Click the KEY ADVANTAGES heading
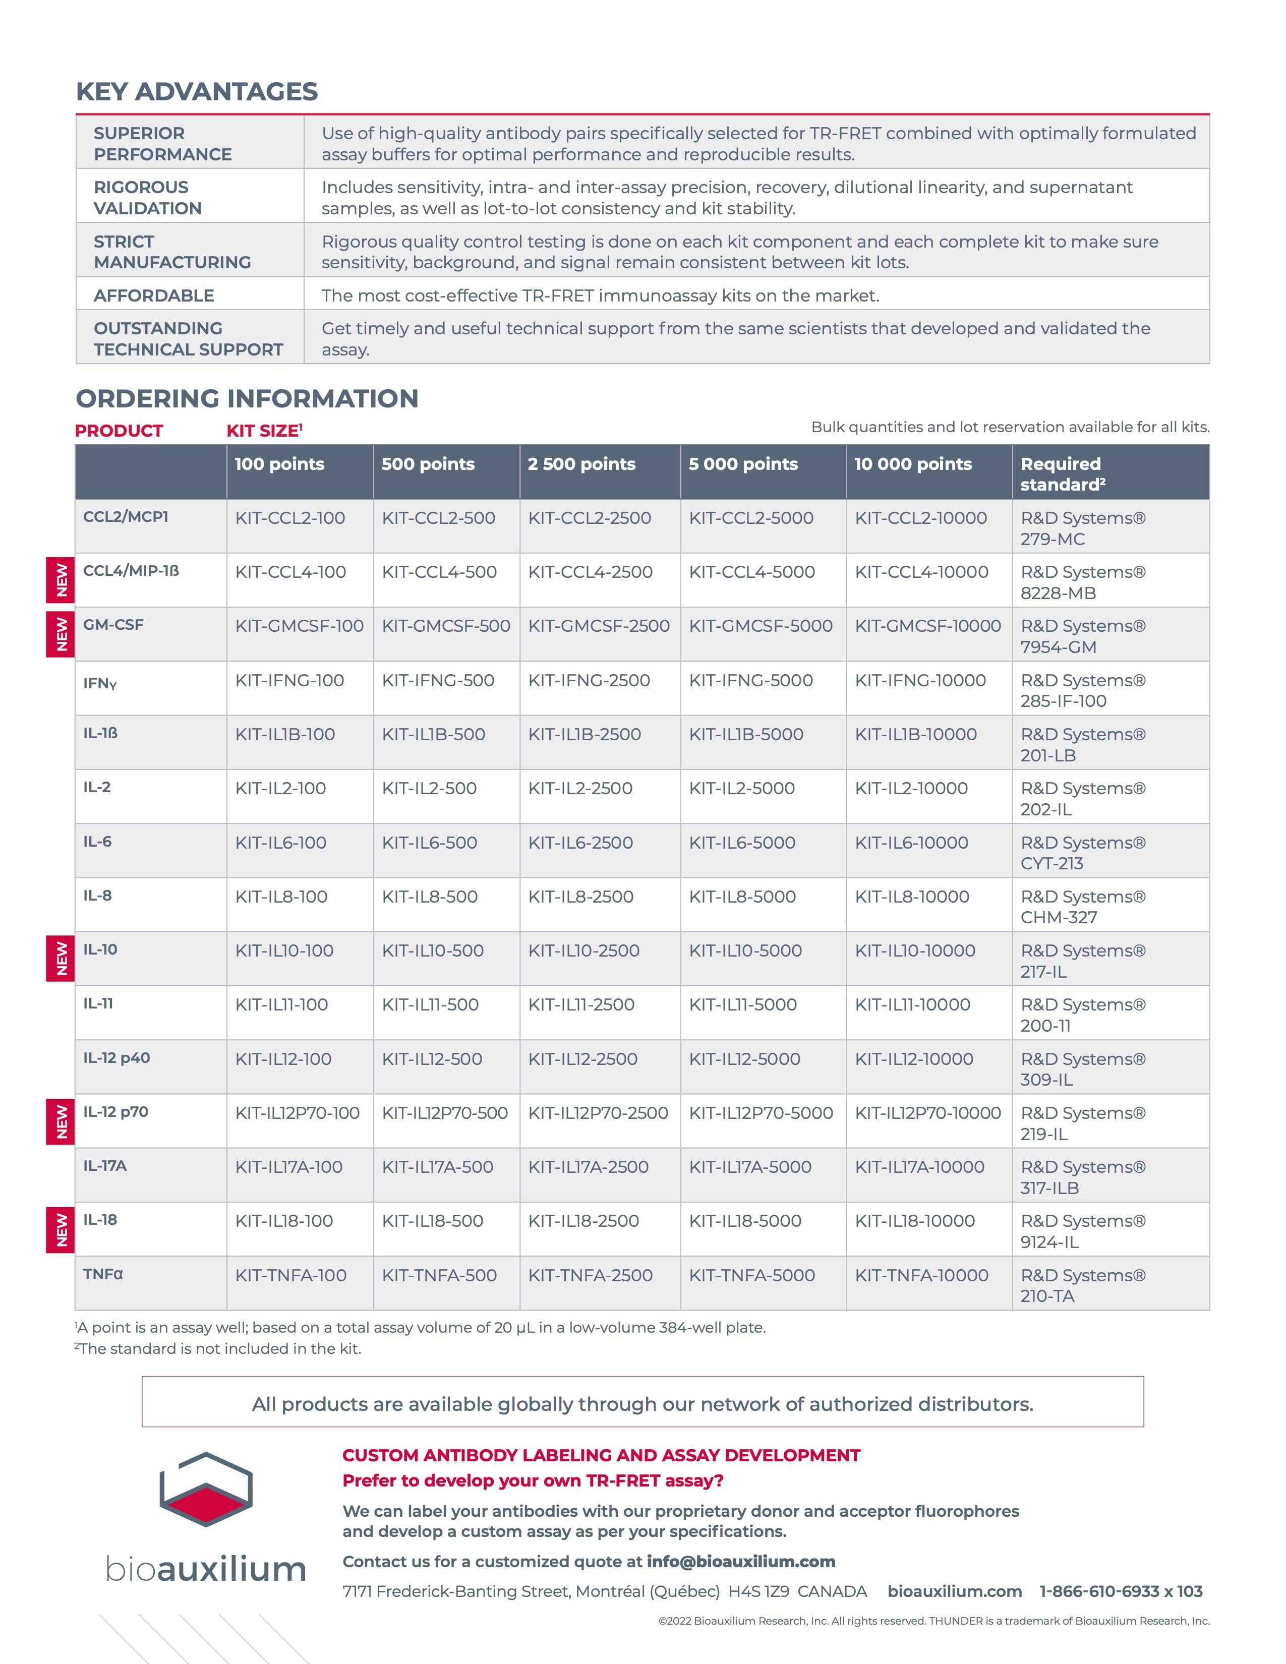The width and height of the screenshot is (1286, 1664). (x=197, y=91)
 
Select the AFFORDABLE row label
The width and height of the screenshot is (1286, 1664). (x=154, y=295)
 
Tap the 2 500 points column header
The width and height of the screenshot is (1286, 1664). (x=581, y=464)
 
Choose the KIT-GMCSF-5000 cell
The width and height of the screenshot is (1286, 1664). (x=761, y=626)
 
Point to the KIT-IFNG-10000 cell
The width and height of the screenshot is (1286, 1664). (x=920, y=680)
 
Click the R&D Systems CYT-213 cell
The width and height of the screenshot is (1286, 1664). (x=1083, y=853)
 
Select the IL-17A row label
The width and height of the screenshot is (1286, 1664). (x=105, y=1166)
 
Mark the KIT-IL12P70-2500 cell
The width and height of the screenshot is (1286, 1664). (x=598, y=1113)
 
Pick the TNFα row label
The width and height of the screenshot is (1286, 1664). (x=103, y=1274)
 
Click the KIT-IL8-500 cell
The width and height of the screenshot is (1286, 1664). (x=430, y=897)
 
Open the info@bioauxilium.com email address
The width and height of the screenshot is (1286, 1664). (x=740, y=1562)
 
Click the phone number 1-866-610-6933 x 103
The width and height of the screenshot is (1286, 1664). (x=1121, y=1591)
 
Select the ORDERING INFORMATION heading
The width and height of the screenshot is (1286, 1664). (x=247, y=398)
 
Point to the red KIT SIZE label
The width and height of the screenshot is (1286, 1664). (x=264, y=431)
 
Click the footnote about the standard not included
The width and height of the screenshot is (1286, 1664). (x=219, y=1348)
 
